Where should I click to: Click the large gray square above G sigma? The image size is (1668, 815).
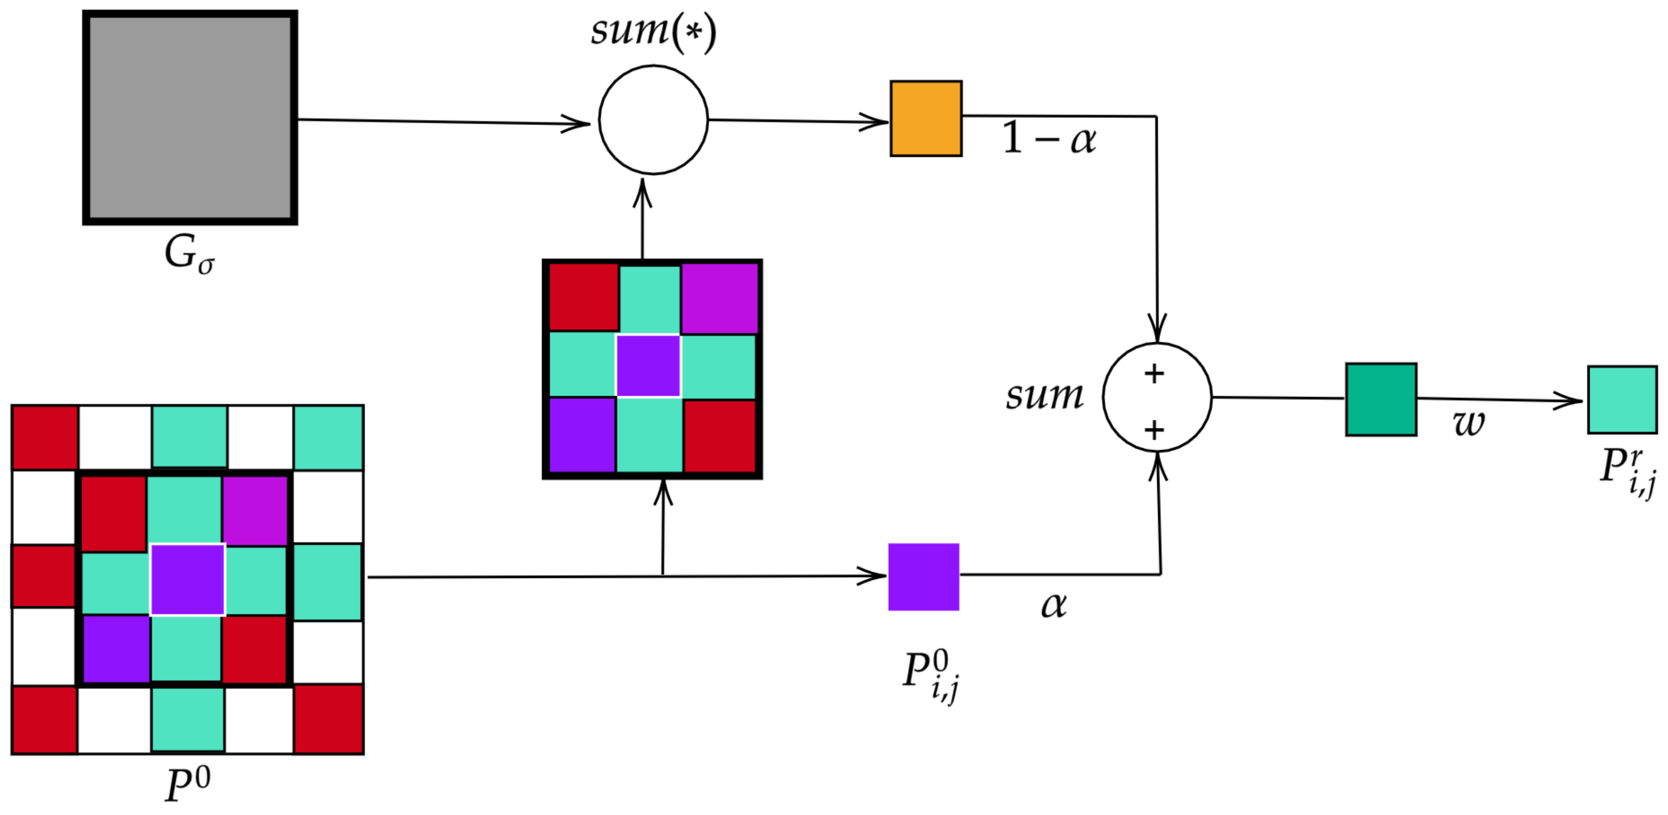point(190,118)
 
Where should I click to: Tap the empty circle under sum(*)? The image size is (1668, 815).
point(653,120)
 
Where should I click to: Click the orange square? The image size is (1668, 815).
point(925,118)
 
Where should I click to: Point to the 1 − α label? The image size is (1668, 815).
point(1049,138)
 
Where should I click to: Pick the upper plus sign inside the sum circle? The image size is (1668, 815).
point(1154,374)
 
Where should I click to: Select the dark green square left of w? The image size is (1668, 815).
point(1380,400)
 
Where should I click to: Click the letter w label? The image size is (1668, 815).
point(1468,423)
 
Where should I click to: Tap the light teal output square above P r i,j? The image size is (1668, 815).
point(1621,400)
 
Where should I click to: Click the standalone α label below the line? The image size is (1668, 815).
point(1053,605)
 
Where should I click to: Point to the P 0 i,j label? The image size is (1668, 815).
point(931,675)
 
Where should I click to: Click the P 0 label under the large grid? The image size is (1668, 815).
point(187,784)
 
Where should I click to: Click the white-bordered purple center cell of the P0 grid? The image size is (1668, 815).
point(187,579)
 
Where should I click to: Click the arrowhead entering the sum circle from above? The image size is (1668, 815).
point(1156,327)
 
